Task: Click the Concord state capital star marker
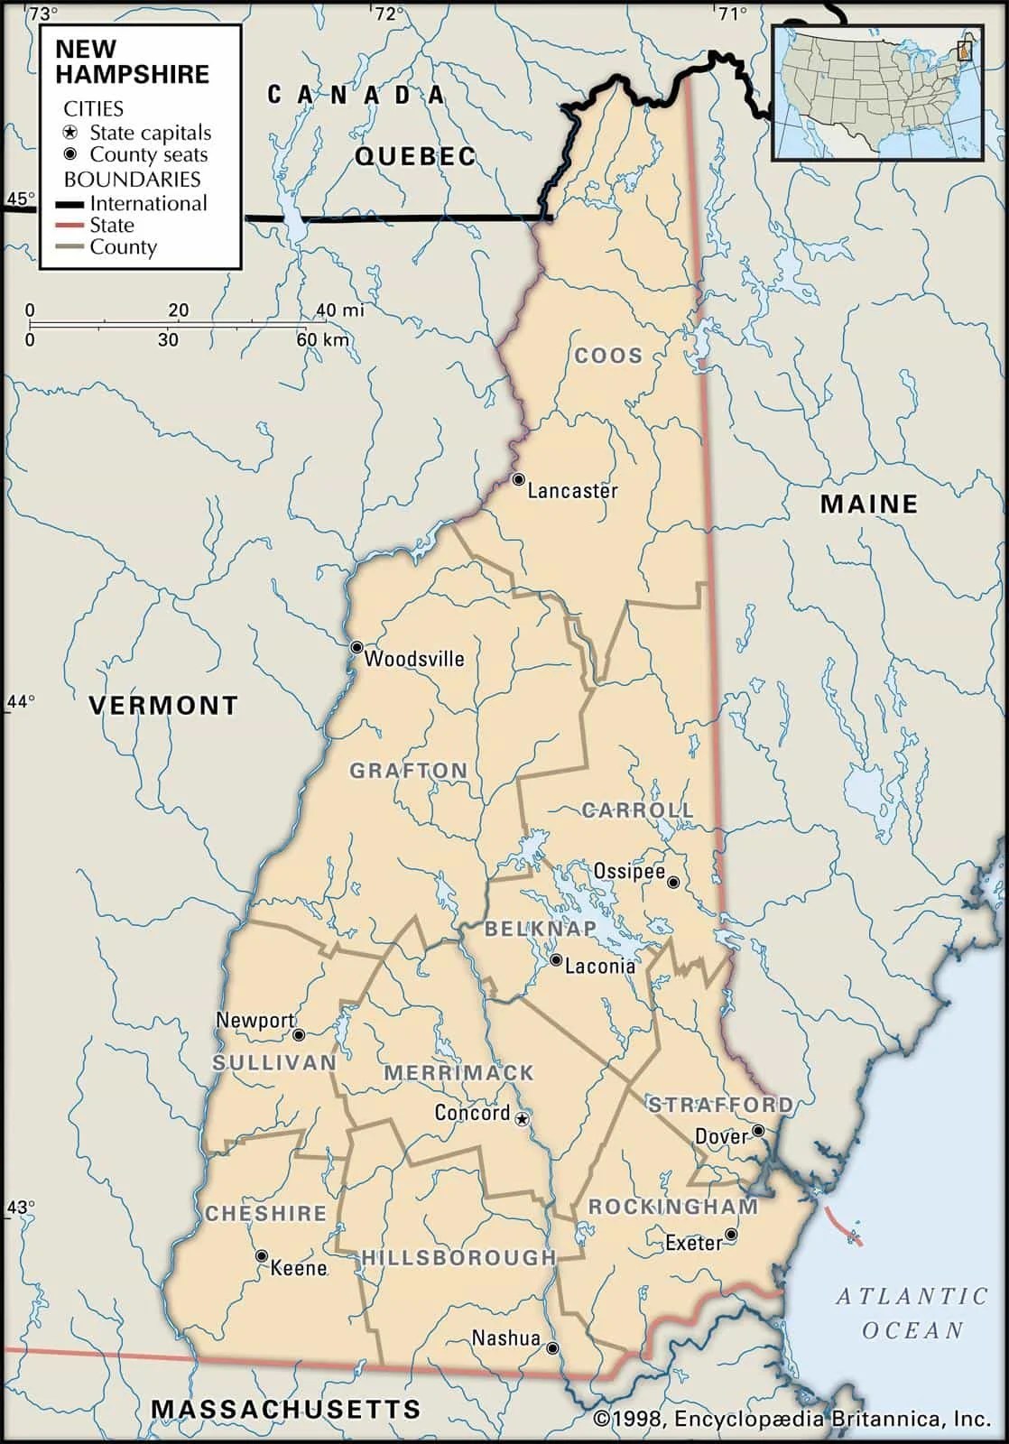[522, 1119]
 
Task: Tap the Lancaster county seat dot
[518, 479]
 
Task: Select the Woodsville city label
[414, 659]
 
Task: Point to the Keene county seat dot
[262, 1255]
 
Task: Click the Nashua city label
[506, 1338]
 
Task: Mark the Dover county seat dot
[759, 1131]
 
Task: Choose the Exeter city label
[694, 1244]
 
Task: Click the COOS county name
[609, 356]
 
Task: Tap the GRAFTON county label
[409, 771]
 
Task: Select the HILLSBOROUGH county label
[458, 1257]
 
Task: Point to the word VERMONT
[163, 706]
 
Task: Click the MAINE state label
[868, 504]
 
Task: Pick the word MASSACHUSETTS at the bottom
[285, 1409]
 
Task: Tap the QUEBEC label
[415, 156]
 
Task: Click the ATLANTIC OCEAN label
[912, 1313]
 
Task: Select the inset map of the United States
[877, 93]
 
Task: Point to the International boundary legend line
[74, 204]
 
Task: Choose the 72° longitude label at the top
[389, 13]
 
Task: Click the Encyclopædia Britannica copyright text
[793, 1420]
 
